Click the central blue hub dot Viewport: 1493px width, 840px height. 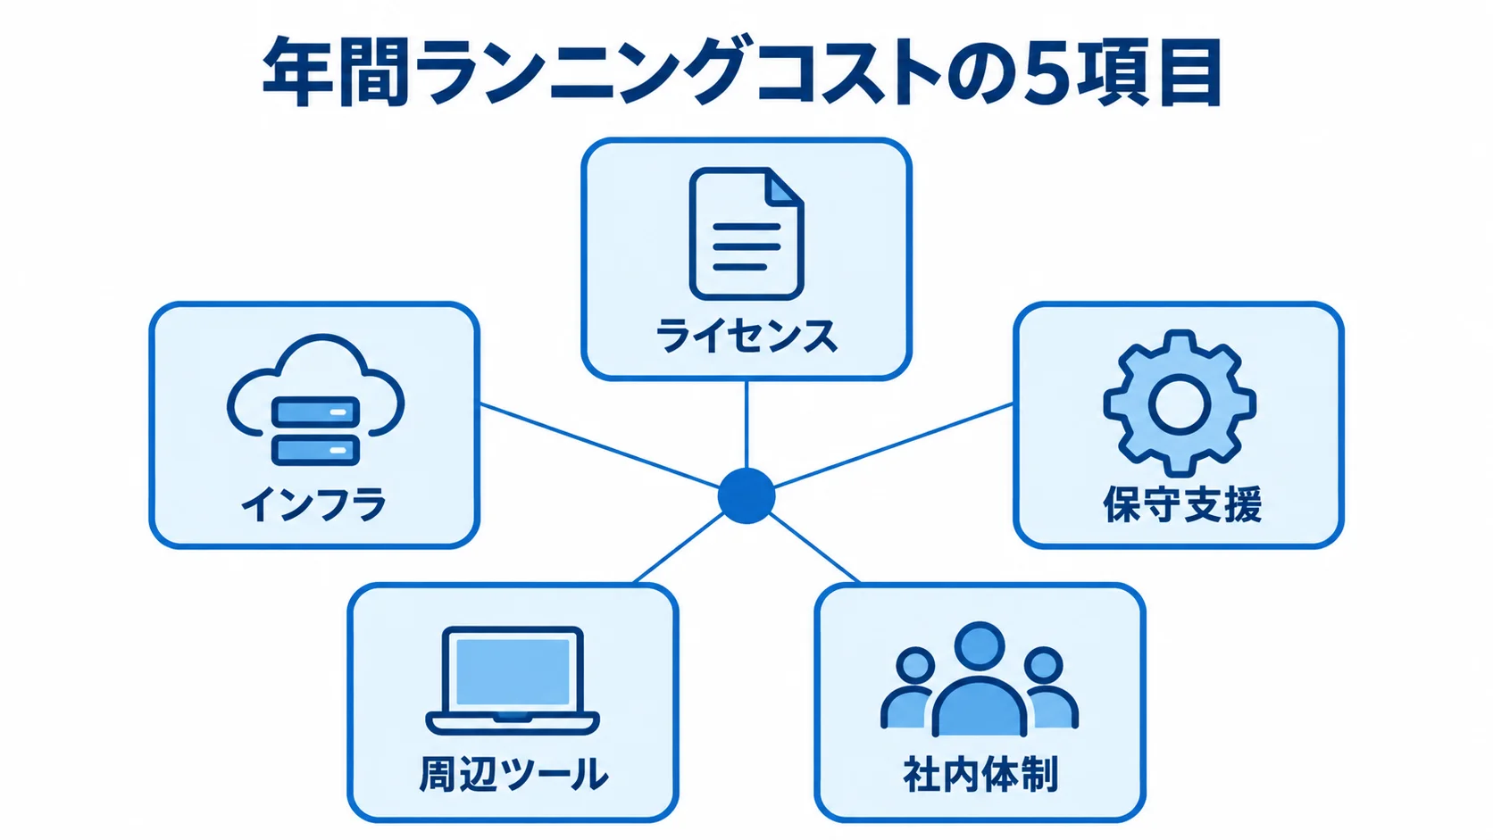(x=746, y=495)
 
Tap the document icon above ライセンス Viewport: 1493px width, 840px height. (x=746, y=234)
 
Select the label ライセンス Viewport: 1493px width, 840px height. (x=746, y=336)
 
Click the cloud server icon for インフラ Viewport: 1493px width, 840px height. (x=315, y=400)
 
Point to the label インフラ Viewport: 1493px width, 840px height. (x=314, y=503)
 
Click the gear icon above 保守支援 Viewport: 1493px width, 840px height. (x=1179, y=403)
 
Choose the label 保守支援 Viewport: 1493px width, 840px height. (x=1182, y=504)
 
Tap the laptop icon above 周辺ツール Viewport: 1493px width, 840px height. (x=513, y=680)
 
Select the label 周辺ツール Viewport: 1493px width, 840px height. (x=513, y=774)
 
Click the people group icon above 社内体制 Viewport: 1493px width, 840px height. (x=980, y=679)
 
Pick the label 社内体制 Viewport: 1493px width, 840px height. (x=980, y=774)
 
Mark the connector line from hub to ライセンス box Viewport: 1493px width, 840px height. (x=746, y=424)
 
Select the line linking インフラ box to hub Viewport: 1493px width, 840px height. (x=600, y=445)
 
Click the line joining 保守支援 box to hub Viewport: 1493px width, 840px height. (x=893, y=445)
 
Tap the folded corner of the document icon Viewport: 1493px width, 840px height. (x=785, y=186)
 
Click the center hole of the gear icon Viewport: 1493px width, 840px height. (x=1179, y=403)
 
